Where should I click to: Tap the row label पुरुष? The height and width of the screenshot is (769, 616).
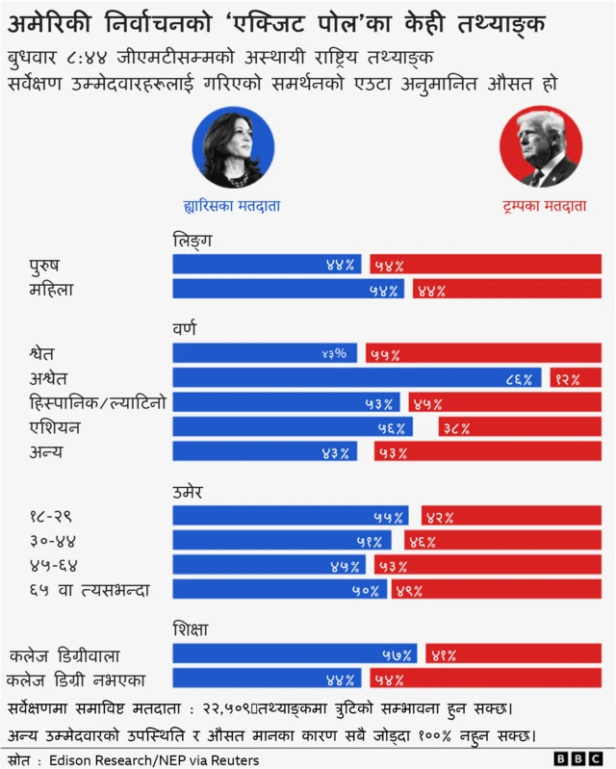[50, 265]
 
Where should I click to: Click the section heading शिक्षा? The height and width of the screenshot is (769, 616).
[191, 629]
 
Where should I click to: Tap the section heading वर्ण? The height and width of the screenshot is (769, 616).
[184, 328]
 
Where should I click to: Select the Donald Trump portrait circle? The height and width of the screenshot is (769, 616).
[541, 147]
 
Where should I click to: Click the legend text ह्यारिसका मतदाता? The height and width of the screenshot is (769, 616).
[232, 206]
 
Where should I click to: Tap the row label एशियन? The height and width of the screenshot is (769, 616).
[55, 427]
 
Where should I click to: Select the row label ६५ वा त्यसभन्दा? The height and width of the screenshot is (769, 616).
[89, 589]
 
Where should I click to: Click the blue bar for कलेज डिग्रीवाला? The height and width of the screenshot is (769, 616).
[294, 654]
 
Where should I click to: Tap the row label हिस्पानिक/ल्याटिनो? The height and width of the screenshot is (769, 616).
[97, 402]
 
